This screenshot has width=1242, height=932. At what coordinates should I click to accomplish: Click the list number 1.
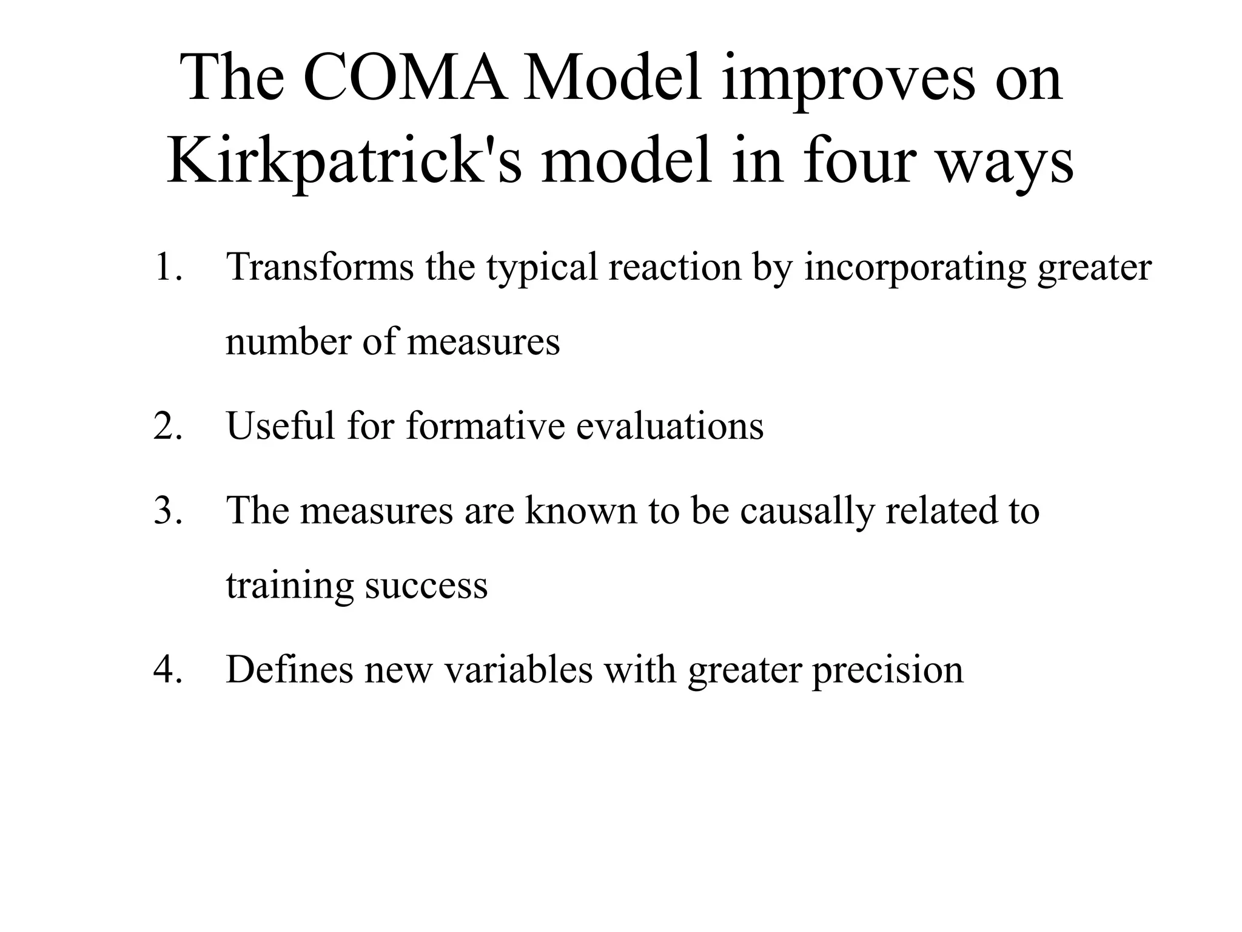pos(167,267)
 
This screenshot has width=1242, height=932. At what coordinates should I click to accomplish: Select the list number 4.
pos(167,669)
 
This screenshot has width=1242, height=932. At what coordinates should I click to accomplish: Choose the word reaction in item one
pos(674,267)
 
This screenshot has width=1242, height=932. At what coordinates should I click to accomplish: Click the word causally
pos(807,511)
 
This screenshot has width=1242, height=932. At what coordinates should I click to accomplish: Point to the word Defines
pos(289,669)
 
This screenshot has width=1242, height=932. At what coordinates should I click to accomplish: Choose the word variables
pos(519,669)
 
